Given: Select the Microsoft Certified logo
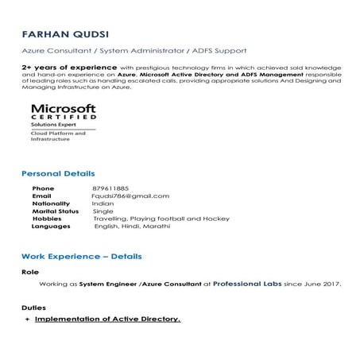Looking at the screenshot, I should tap(64, 122).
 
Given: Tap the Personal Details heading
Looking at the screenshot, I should tap(58, 173).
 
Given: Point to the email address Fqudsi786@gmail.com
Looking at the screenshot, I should tap(131, 195).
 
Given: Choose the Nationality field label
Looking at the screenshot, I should tap(50, 203).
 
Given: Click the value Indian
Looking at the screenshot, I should tap(103, 203).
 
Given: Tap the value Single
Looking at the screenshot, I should tap(103, 211).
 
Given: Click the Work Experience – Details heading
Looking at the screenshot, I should tap(81, 257).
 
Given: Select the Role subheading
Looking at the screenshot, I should tap(29, 272).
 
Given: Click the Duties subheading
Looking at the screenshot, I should tap(33, 308).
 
